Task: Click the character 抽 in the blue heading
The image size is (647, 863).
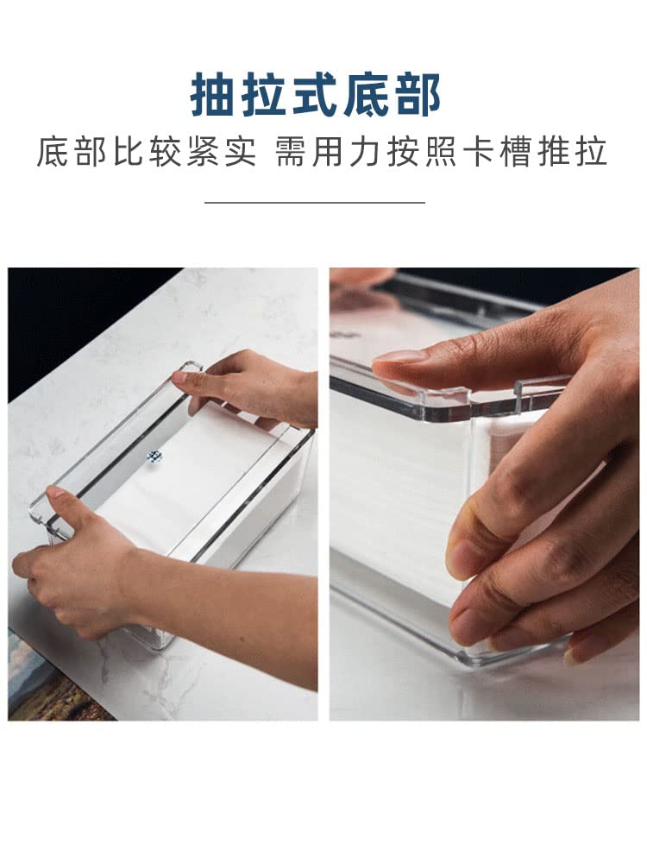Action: click(x=211, y=95)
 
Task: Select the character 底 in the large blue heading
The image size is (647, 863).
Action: click(x=370, y=95)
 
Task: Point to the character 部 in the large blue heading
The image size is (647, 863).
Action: click(x=419, y=95)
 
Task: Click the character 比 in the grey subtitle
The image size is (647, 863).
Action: click(x=129, y=151)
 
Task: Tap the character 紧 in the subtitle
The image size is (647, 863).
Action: click(x=203, y=151)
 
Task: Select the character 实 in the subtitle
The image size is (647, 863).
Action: click(x=241, y=151)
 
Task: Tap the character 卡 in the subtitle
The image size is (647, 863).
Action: click(x=479, y=151)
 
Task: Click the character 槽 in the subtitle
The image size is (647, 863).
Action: click(x=517, y=151)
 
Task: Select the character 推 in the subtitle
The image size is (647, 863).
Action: click(x=554, y=151)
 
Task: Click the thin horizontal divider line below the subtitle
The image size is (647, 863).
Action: click(x=315, y=202)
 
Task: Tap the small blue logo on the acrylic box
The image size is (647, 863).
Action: click(x=154, y=456)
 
